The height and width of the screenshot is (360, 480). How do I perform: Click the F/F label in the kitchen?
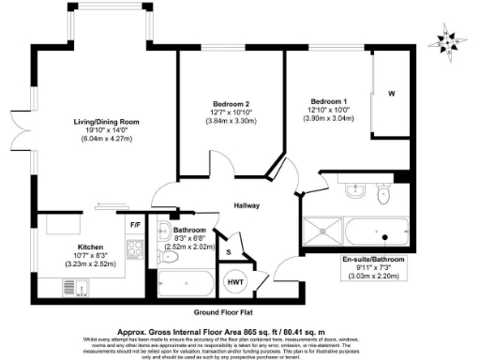135,225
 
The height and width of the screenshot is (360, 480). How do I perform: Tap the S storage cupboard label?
228,251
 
